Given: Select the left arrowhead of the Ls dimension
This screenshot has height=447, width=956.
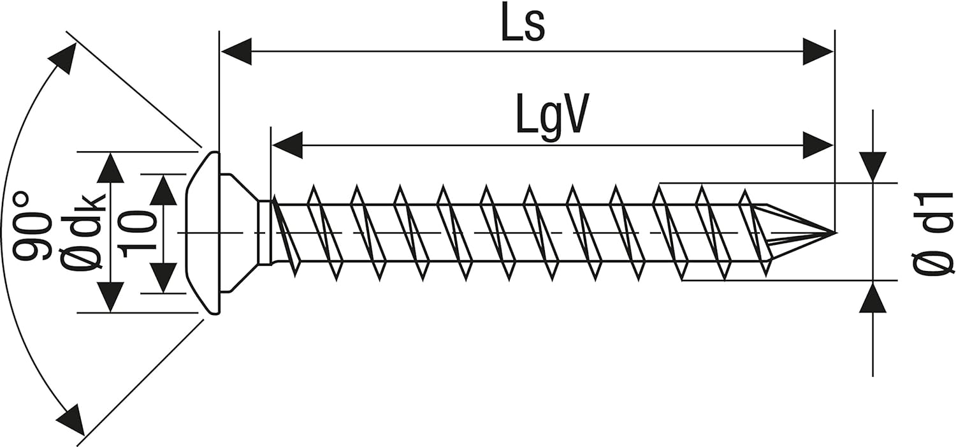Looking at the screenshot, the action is (x=236, y=51).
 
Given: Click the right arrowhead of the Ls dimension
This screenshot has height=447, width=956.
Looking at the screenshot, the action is (x=818, y=51).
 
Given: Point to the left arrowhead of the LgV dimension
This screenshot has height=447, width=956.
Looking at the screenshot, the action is (x=287, y=145).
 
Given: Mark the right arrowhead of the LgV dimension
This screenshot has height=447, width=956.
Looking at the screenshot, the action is (x=818, y=145).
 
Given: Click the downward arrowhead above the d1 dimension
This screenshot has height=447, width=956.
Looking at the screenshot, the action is (x=873, y=167).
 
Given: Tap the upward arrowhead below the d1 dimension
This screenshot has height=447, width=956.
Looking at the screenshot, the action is (x=873, y=297).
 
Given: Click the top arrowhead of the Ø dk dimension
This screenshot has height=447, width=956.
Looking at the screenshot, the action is (x=110, y=168).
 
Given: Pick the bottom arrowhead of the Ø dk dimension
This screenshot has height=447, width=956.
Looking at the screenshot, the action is (x=110, y=297).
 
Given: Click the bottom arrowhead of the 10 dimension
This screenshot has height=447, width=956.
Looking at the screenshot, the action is (x=163, y=278).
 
